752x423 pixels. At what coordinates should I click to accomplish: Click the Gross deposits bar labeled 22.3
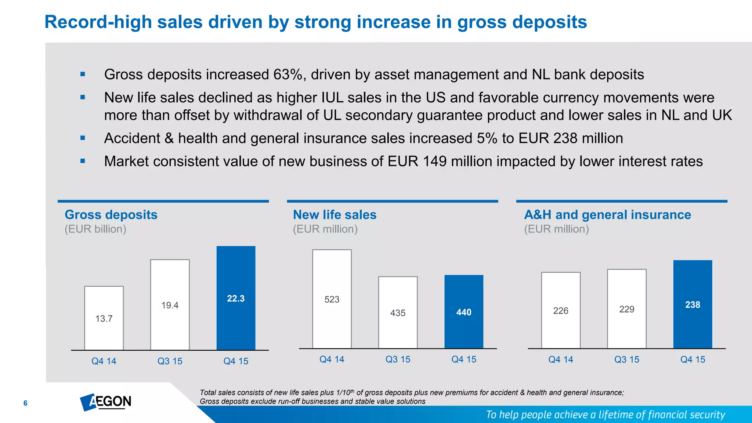tap(236, 298)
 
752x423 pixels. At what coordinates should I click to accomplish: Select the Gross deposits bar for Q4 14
tap(104, 318)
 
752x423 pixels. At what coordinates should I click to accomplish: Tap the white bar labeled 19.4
tap(170, 305)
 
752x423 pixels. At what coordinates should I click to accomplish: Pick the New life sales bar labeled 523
tap(332, 299)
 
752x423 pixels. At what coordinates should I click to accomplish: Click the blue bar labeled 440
tap(464, 312)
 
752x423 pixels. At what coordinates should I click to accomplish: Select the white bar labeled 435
tap(398, 312)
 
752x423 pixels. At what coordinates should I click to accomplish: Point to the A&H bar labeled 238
tap(693, 304)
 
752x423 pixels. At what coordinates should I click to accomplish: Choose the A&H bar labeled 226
tap(561, 310)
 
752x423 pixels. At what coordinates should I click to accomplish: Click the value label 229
tap(626, 309)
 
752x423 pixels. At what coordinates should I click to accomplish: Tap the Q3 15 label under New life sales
tap(398, 359)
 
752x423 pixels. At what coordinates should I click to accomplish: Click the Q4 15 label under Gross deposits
tap(236, 361)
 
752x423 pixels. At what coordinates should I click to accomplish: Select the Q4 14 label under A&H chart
tap(561, 359)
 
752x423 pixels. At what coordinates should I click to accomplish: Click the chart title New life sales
tap(335, 214)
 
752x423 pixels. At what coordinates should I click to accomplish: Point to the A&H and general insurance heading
tap(607, 214)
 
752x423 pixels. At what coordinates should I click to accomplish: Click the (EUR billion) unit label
tap(95, 229)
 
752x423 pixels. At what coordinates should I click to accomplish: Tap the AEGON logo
tap(106, 402)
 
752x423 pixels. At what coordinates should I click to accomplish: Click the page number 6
tap(25, 403)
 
